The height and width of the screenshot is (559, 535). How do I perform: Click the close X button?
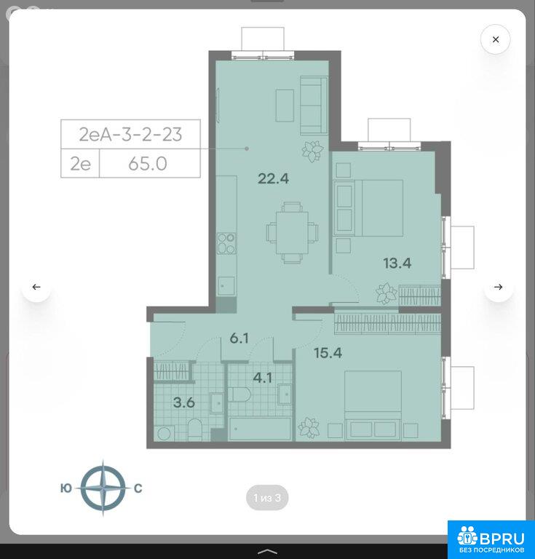[496, 39]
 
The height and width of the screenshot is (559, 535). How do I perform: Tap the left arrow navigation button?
[36, 287]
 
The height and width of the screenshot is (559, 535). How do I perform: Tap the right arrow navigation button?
[499, 287]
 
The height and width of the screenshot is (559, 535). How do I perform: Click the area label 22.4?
[273, 178]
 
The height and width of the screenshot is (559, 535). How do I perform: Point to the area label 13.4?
[397, 263]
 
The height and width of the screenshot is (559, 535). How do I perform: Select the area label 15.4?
[328, 353]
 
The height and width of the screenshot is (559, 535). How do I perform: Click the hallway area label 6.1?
[239, 338]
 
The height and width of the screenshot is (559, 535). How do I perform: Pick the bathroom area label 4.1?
[263, 378]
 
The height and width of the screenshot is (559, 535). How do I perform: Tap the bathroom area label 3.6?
[184, 403]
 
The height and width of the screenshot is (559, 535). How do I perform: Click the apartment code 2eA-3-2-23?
[130, 135]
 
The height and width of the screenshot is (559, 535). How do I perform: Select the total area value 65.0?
[148, 164]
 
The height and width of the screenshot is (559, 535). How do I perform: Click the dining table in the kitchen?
[292, 232]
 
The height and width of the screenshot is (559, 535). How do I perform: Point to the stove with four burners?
[226, 243]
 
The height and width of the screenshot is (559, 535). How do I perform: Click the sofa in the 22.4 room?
[314, 106]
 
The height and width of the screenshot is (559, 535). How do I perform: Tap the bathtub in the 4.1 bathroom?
[260, 429]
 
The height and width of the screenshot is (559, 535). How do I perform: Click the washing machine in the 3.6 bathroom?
[165, 434]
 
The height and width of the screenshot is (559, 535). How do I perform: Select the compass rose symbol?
[103, 488]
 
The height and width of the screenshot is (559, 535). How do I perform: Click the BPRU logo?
[491, 539]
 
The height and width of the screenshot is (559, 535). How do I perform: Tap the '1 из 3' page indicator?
[267, 498]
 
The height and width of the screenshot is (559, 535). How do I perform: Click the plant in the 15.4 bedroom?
[309, 427]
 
